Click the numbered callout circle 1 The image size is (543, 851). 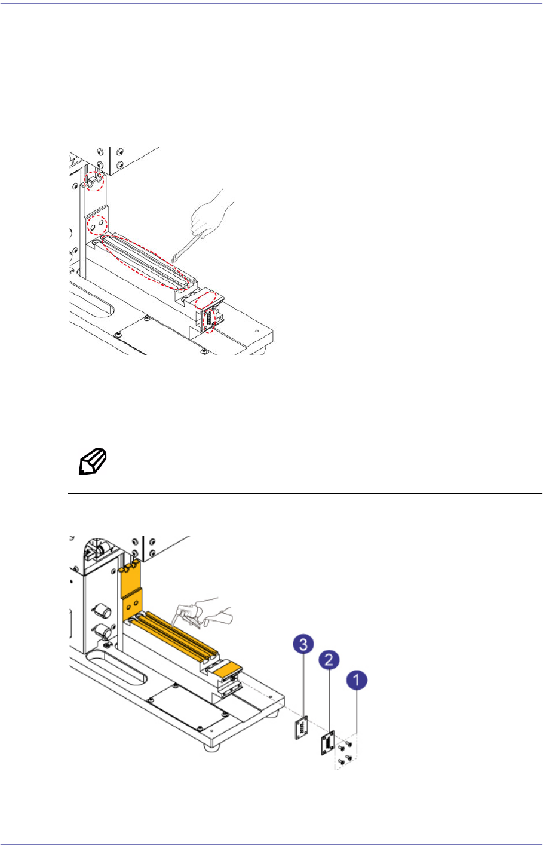pos(357,681)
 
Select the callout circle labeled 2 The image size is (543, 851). pos(329,660)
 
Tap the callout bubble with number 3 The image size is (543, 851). pos(304,645)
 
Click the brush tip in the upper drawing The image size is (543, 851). pos(174,259)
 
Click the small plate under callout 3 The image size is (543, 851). pos(302,727)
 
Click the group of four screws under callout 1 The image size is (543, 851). pos(345,751)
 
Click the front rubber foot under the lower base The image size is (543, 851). pos(210,746)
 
